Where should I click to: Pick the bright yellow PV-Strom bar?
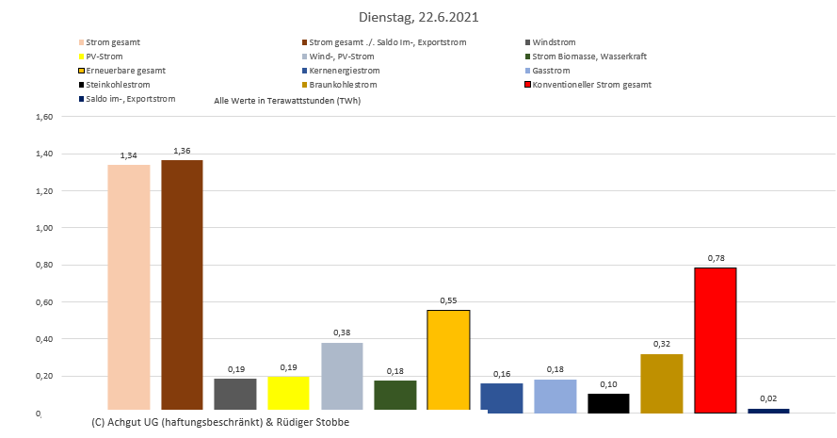[x=288, y=393]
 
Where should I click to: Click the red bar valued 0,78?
[x=715, y=340]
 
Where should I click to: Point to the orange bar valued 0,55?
[x=448, y=360]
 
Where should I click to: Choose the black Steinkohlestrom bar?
[x=608, y=402]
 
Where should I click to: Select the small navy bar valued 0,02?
[x=768, y=410]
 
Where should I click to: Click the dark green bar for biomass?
[x=394, y=395]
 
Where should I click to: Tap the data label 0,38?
[x=342, y=333]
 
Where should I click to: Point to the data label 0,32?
[x=662, y=344]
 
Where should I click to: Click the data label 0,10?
[x=608, y=384]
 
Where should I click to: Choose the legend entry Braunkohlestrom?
[x=344, y=85]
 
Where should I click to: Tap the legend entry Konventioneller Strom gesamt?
[x=590, y=85]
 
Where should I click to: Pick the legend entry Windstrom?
[x=554, y=42]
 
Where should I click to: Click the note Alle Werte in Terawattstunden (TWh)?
[x=288, y=100]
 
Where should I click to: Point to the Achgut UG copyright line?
[x=221, y=422]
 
